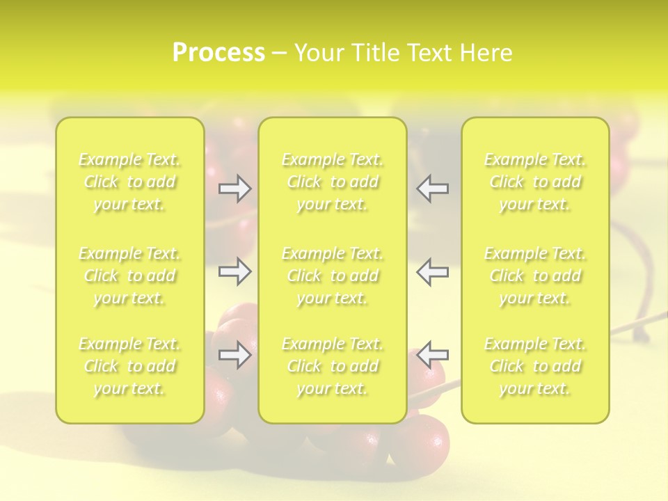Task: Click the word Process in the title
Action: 218,53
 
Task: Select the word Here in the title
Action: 486,53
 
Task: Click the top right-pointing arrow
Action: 235,189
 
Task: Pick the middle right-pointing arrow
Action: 235,271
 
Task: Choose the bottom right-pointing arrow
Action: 235,355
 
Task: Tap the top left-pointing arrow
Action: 433,189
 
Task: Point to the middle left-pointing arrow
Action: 433,271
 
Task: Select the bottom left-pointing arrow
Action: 433,355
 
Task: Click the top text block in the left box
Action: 129,182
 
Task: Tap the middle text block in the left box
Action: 129,276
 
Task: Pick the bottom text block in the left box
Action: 129,366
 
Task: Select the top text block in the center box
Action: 333,182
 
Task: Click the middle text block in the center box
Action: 333,276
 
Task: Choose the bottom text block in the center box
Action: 333,366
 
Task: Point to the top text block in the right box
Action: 535,182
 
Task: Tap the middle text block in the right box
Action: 535,276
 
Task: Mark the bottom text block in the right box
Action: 535,366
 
